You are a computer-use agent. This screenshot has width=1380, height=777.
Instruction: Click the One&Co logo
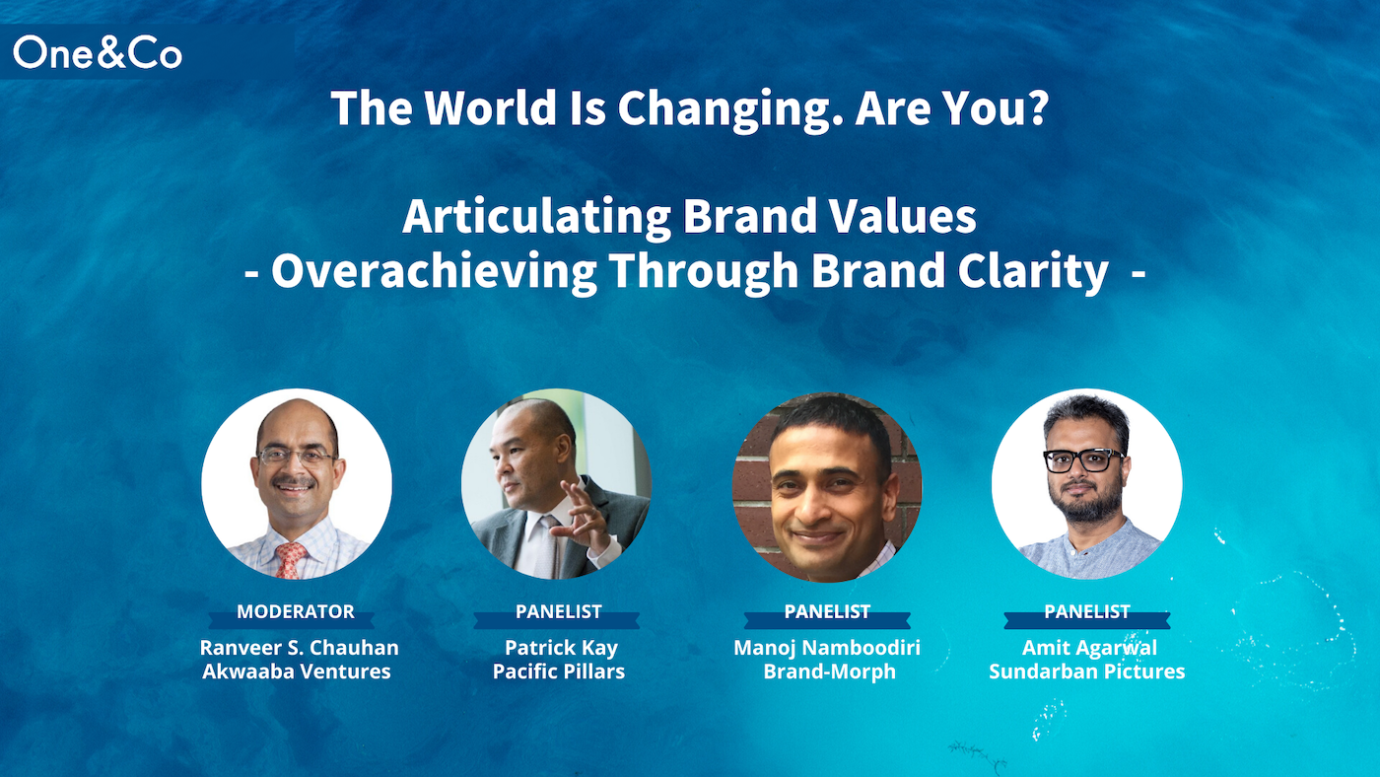click(x=98, y=52)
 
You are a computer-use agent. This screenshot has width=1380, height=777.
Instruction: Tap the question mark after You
click(x=1038, y=107)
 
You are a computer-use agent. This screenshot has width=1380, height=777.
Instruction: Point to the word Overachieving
click(x=434, y=272)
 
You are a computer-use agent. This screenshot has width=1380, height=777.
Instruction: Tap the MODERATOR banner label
click(x=296, y=611)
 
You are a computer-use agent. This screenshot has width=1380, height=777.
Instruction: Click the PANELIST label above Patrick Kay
click(x=559, y=611)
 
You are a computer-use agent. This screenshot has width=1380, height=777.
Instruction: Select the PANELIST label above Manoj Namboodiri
click(x=827, y=611)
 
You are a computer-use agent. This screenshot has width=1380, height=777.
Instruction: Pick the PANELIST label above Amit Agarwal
click(x=1087, y=611)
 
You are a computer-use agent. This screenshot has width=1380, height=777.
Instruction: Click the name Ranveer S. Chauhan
click(x=299, y=648)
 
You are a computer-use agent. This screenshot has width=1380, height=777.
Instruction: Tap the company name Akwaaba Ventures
click(x=297, y=671)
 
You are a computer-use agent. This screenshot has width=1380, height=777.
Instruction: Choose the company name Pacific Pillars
click(x=559, y=671)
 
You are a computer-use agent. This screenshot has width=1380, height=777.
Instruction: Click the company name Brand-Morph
click(x=829, y=671)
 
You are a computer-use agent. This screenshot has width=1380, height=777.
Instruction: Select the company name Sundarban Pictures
click(x=1086, y=671)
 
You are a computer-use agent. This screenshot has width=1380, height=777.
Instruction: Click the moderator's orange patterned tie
click(x=290, y=559)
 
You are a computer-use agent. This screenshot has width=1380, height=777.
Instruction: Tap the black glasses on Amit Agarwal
click(x=1083, y=460)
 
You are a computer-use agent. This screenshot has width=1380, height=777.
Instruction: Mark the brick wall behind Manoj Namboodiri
click(x=753, y=493)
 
